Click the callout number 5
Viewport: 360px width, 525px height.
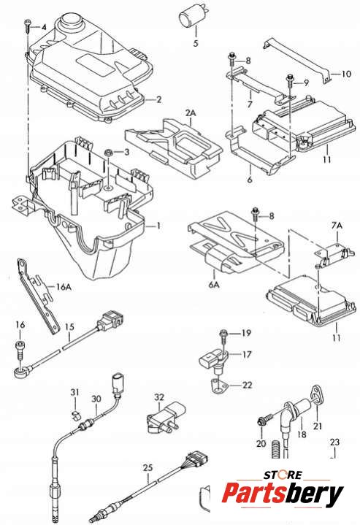point(196,43)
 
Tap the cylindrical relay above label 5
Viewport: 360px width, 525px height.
point(191,18)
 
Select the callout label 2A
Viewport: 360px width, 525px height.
point(191,113)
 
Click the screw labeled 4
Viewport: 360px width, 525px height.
point(28,26)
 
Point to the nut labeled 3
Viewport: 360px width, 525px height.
point(108,153)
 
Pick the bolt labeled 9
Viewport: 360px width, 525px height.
point(289,81)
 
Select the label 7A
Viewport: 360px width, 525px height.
point(337,226)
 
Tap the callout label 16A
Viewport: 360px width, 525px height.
point(64,287)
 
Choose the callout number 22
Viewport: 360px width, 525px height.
point(247,385)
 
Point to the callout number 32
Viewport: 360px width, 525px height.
point(159,397)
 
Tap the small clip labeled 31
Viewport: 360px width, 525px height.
point(75,415)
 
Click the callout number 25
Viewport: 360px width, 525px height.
point(148,467)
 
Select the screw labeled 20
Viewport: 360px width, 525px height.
point(263,421)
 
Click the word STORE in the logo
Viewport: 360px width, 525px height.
point(283,475)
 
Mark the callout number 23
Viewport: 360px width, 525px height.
point(335,442)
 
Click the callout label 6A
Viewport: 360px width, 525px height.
point(214,285)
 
